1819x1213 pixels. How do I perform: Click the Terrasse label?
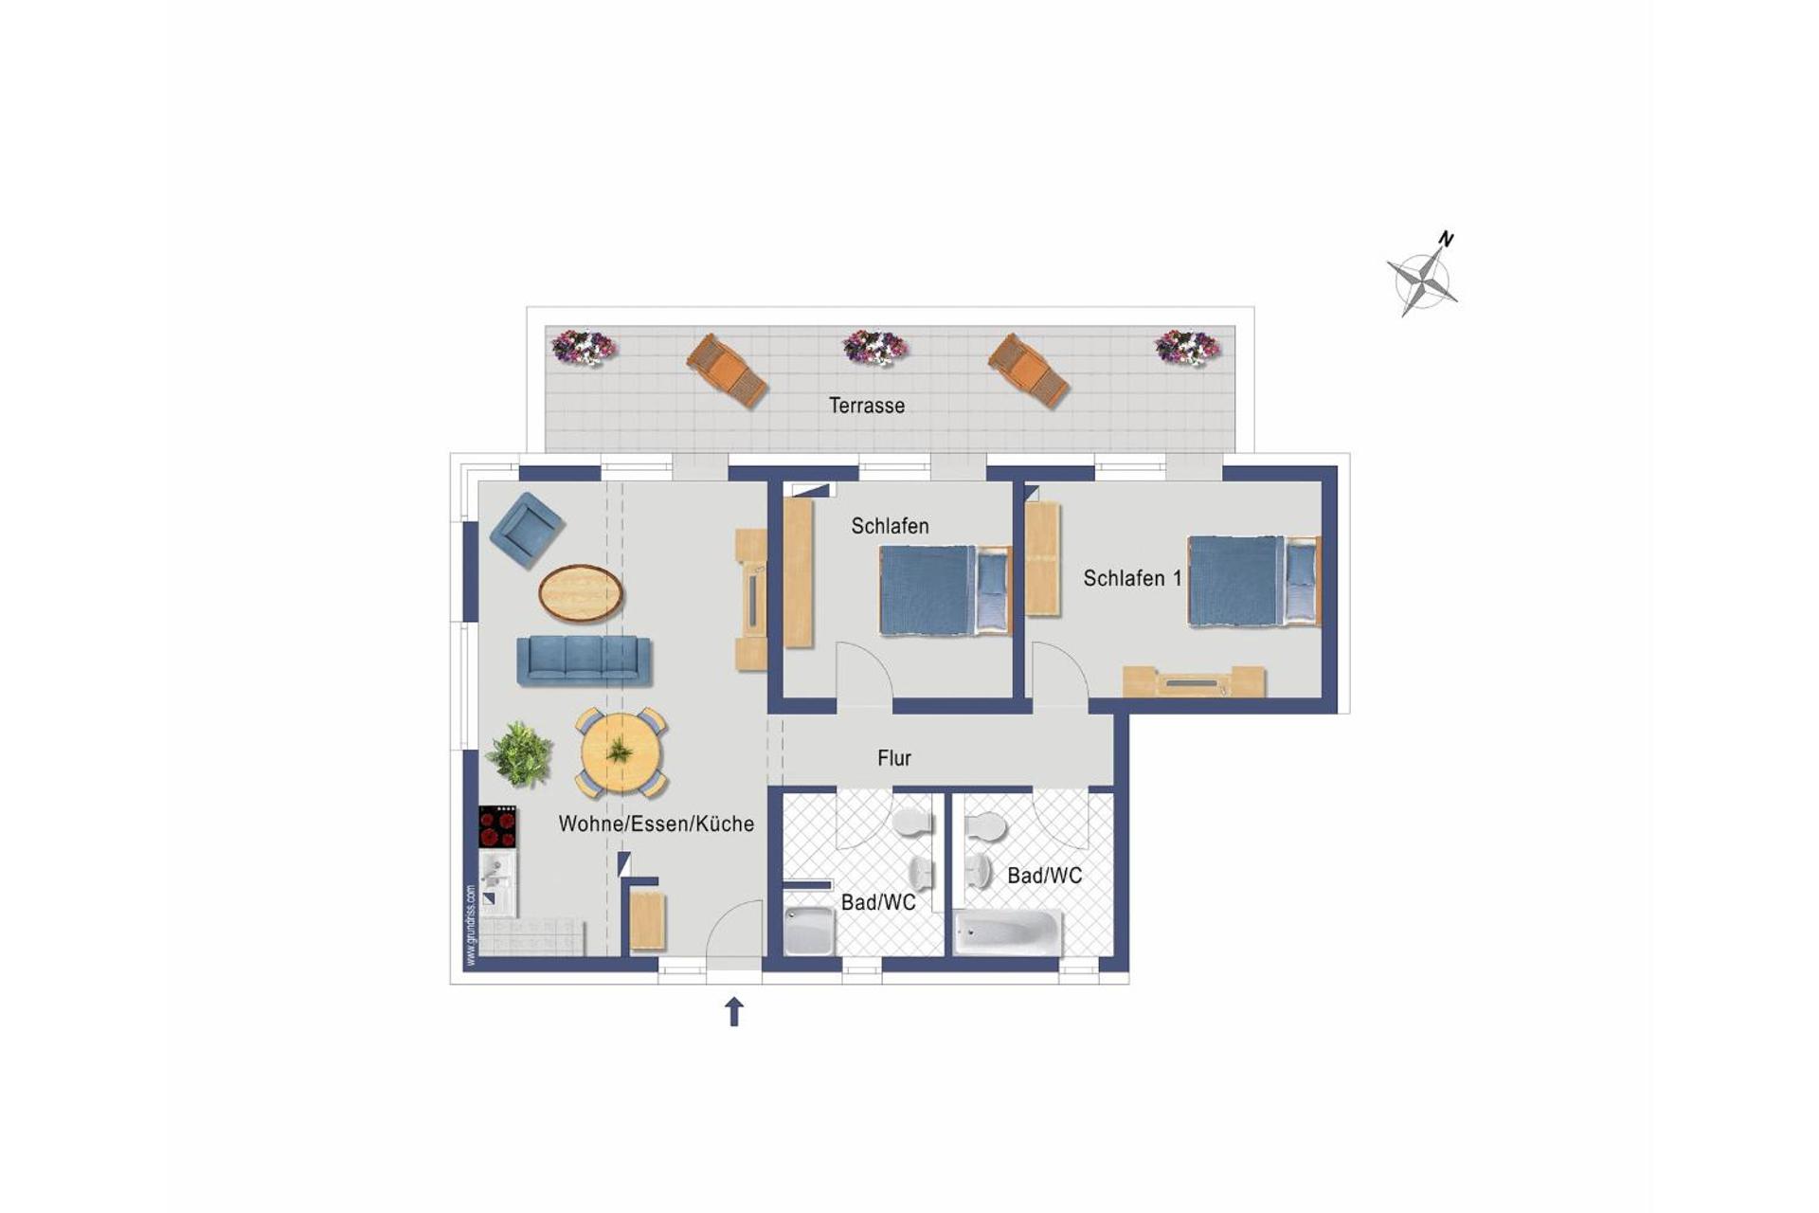[x=866, y=406]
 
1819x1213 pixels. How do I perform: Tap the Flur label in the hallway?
[x=893, y=758]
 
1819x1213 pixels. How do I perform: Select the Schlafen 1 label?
[x=1132, y=578]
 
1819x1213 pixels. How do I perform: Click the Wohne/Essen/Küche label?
[x=656, y=824]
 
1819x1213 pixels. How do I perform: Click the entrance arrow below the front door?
[x=733, y=1011]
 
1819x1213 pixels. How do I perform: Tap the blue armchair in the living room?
[x=527, y=529]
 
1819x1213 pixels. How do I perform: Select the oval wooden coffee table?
[x=581, y=593]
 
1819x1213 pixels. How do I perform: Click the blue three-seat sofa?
[x=584, y=660]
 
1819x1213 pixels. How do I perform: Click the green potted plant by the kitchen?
[x=519, y=754]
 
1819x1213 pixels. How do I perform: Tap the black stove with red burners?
[x=497, y=827]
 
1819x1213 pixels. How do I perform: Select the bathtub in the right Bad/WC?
[x=1007, y=932]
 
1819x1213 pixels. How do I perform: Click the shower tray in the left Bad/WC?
[x=809, y=931]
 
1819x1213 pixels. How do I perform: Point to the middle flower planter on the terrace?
[x=874, y=348]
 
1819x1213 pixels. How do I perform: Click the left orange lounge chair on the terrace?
[x=727, y=371]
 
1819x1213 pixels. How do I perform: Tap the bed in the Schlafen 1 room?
[x=1251, y=581]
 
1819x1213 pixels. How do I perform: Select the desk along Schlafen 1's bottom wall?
[x=1193, y=681]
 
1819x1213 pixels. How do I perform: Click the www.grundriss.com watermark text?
[x=471, y=925]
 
